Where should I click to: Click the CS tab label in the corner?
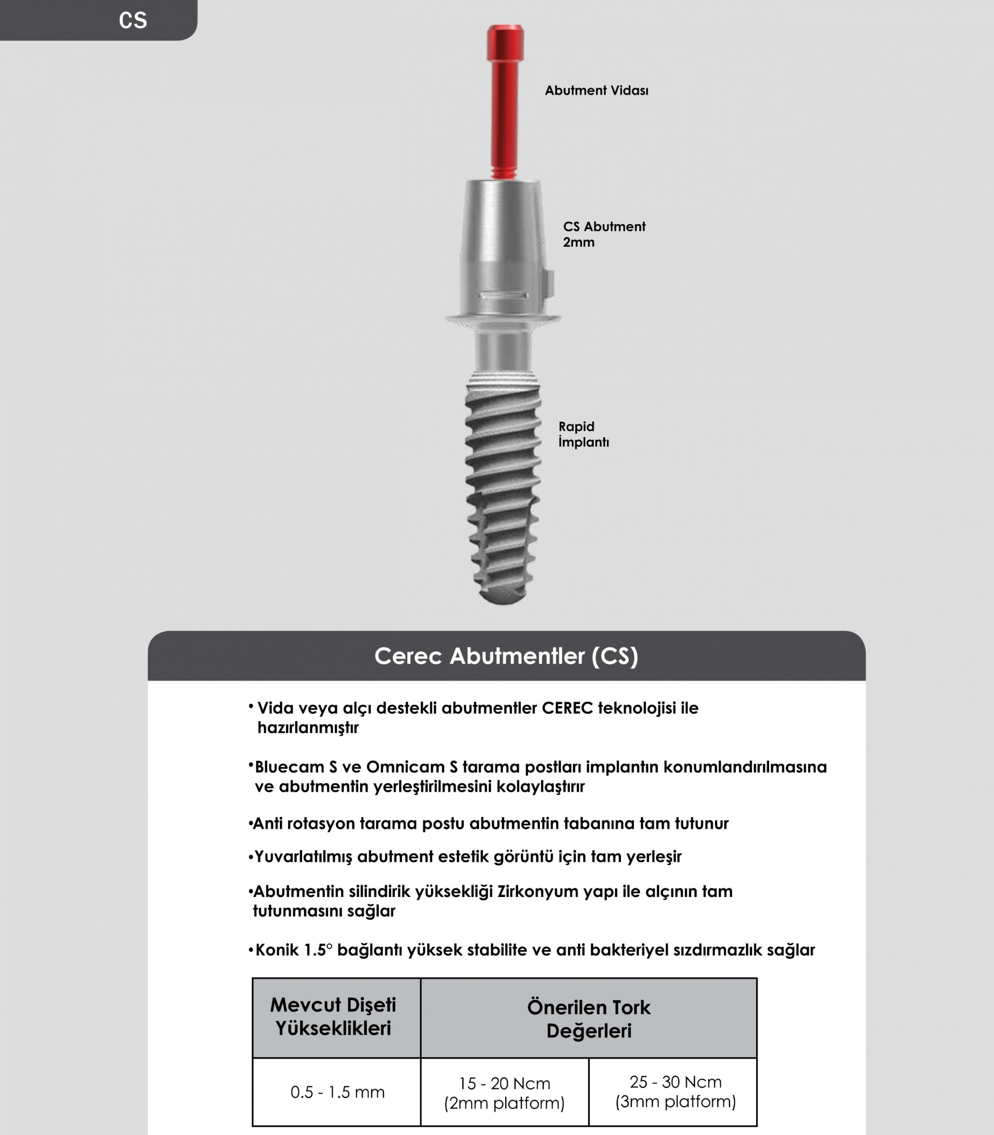(133, 20)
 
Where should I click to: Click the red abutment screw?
(504, 100)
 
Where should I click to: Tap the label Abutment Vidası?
(596, 90)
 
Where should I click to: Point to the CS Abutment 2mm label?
(604, 234)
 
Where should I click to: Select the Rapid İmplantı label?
(583, 434)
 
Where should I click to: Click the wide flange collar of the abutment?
(503, 318)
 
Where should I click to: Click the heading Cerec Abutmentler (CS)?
(506, 656)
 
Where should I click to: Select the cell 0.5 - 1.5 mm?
(337, 1092)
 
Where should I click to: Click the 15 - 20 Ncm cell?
(504, 1093)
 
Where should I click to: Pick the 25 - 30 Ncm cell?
(675, 1091)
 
